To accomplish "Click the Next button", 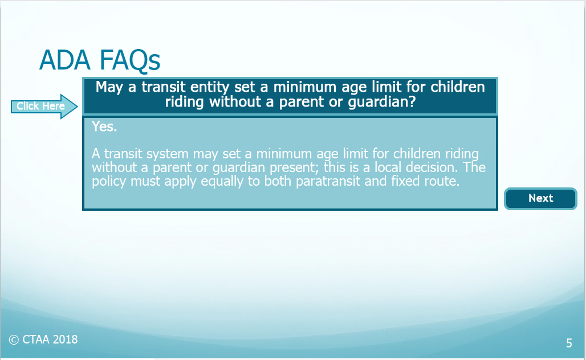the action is click(540, 198).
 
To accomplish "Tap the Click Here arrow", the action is click(44, 107).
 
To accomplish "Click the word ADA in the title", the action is click(64, 60).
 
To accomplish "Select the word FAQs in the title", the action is click(130, 60).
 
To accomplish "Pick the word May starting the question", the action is click(109, 87).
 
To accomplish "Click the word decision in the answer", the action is click(432, 167).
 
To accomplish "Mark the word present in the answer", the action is click(295, 167).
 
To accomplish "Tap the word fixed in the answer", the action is click(405, 181).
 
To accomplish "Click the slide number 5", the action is click(569, 343).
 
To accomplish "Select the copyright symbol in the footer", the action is click(14, 340).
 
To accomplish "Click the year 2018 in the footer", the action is click(65, 339).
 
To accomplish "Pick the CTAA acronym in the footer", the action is click(36, 339).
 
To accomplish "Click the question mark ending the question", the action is click(412, 101).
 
